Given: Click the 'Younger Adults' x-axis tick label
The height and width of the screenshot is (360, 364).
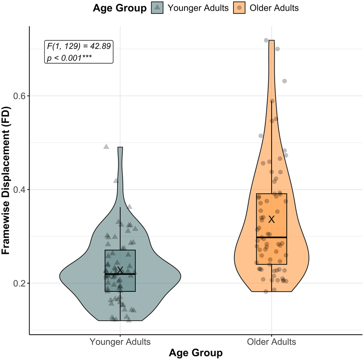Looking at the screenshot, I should [120, 342].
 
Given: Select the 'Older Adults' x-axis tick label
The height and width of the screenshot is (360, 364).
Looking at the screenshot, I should [271, 342].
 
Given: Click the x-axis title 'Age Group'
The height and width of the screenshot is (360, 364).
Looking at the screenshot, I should [196, 353].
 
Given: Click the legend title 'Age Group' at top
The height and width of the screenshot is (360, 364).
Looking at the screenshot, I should [120, 8].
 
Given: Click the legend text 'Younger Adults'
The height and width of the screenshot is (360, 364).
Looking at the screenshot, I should [198, 8].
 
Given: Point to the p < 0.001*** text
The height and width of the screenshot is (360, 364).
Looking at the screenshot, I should [69, 57].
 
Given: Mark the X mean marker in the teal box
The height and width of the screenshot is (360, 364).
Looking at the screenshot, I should [120, 270].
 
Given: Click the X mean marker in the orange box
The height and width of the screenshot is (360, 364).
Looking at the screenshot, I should [272, 219].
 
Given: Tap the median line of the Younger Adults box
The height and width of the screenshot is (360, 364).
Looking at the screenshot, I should [120, 274].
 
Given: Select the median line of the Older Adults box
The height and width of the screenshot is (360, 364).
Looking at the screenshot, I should [271, 237].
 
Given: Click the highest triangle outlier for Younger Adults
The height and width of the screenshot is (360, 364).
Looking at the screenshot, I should [106, 146].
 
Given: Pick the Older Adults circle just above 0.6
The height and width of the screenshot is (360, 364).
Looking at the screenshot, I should [284, 81].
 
